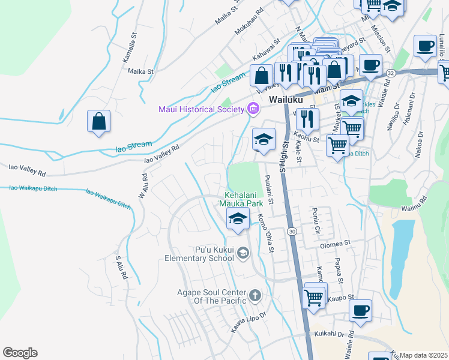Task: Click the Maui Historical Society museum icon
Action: [x=253, y=109]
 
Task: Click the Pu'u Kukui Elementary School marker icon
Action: [x=243, y=253]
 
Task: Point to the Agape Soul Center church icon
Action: [x=255, y=295]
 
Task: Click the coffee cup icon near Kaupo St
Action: [x=360, y=311]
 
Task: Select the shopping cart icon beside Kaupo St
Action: [x=315, y=296]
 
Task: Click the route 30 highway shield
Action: [x=292, y=232]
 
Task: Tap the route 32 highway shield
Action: [x=391, y=73]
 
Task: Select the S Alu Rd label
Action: [x=122, y=266]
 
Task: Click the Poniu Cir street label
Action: [x=315, y=221]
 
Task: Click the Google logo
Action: [x=20, y=353]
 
